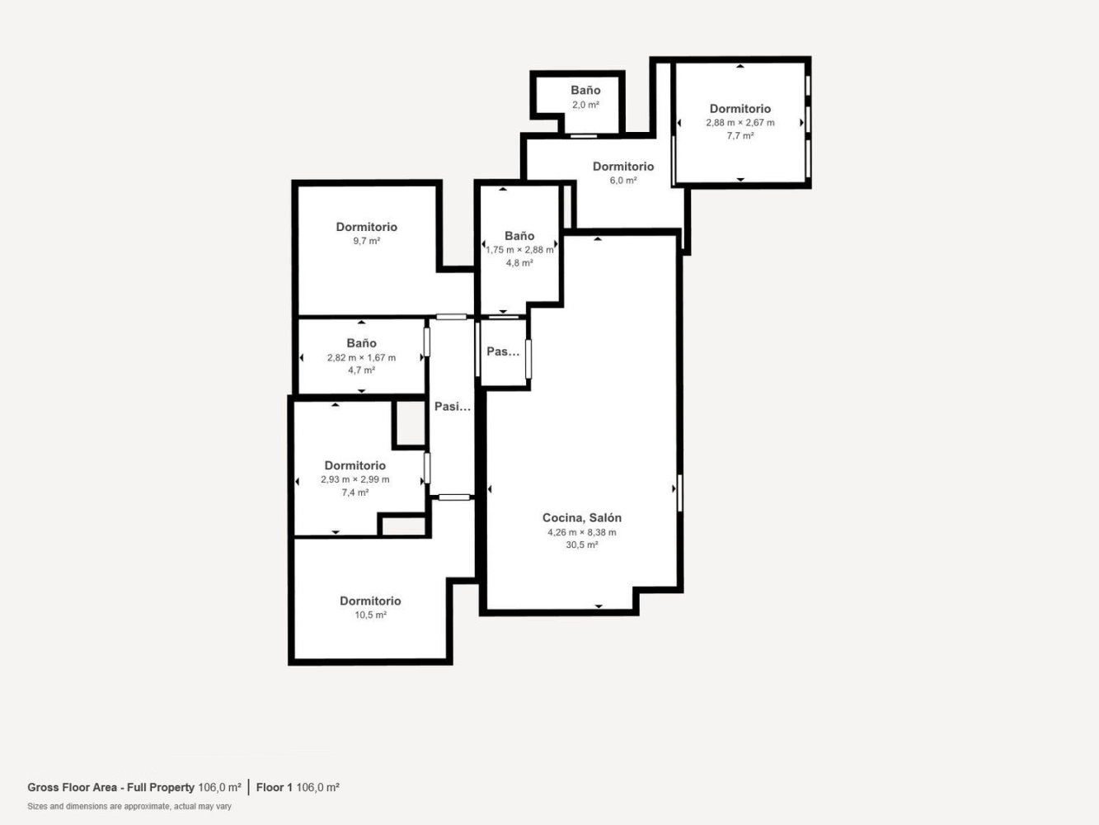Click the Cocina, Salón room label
582,518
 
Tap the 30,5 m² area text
582,545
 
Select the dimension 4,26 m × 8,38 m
582,532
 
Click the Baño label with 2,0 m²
586,91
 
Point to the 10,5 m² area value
370,615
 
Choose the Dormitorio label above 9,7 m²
367,228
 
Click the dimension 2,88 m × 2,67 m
740,123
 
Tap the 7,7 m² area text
740,136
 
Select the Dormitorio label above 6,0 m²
623,167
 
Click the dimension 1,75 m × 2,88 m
519,250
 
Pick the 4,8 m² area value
519,263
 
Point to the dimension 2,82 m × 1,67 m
361,358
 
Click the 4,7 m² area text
361,370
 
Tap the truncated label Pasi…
453,407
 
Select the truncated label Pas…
503,351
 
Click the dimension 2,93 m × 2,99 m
355,479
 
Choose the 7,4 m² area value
355,493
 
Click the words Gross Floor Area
73,787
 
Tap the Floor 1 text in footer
274,787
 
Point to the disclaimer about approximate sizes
129,807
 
